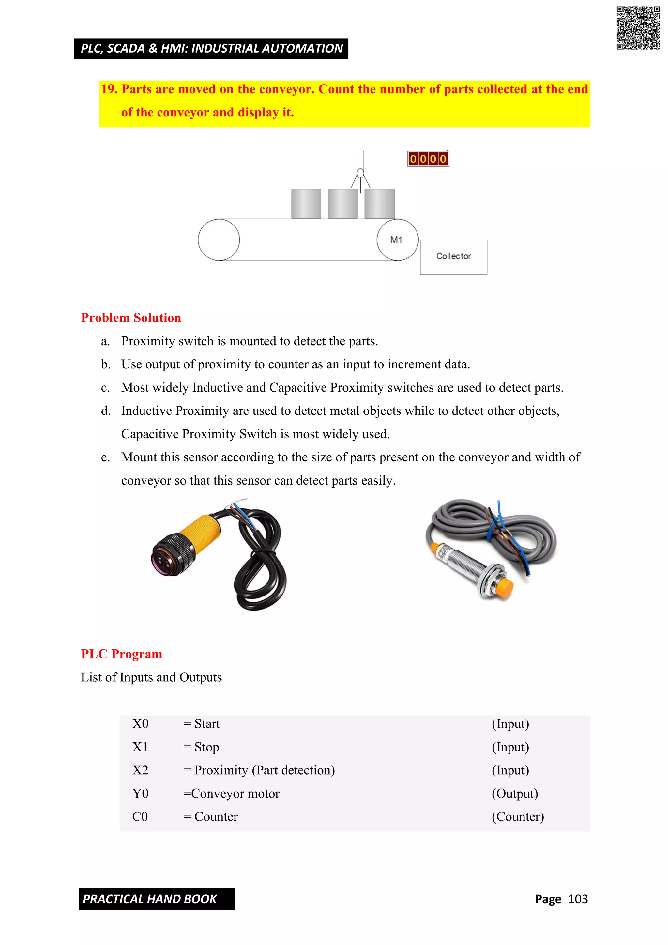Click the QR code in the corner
click(638, 28)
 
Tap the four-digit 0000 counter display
click(428, 159)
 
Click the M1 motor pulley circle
click(397, 240)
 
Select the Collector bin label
click(453, 256)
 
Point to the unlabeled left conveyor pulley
click(219, 240)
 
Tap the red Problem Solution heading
click(131, 318)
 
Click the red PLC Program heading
click(121, 654)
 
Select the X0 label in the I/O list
click(140, 724)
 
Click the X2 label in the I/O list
click(140, 770)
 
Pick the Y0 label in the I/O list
click(140, 794)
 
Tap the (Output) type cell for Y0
click(515, 794)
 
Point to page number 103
click(578, 899)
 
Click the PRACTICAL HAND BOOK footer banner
click(157, 899)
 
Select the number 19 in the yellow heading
click(109, 89)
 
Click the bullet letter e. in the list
click(105, 457)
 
